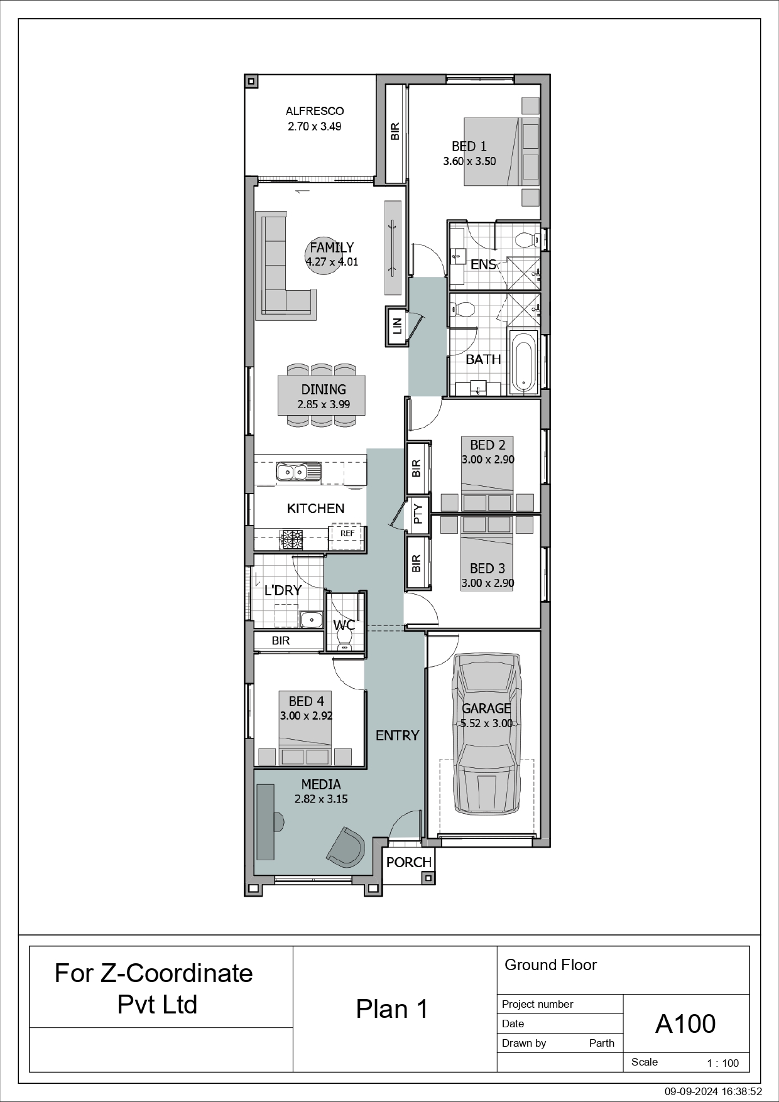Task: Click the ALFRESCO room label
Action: pos(315,111)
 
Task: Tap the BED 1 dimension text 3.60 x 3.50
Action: pos(469,161)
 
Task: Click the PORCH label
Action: pos(409,862)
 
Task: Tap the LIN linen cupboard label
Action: pos(396,325)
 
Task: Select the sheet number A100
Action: pos(685,1024)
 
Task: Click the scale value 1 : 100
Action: pos(723,1063)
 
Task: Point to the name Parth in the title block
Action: pos(602,1043)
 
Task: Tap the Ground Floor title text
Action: pos(550,965)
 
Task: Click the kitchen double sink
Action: pos(298,471)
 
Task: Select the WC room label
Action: pos(344,625)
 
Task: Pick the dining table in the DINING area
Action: pos(322,396)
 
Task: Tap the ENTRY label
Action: pos(397,735)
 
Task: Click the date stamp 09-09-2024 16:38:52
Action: pos(714,1092)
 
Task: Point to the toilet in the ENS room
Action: pos(527,239)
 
